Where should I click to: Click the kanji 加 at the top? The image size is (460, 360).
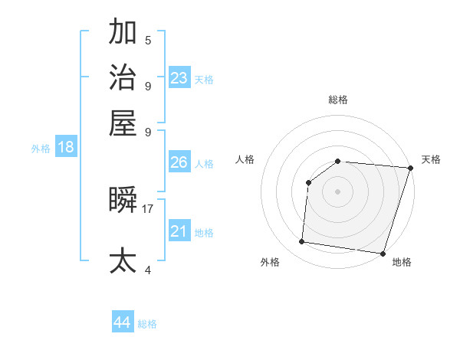click(x=123, y=33)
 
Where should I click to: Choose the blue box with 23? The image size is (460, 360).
click(x=179, y=77)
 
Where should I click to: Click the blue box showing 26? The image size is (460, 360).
click(x=179, y=162)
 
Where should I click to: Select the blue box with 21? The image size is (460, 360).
click(x=179, y=231)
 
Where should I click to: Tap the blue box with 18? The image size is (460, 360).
click(x=66, y=147)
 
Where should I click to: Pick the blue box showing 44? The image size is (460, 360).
click(x=123, y=322)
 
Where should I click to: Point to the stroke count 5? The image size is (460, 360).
click(x=148, y=40)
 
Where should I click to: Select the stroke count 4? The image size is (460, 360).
click(x=148, y=270)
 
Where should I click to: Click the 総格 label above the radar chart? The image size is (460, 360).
click(x=338, y=100)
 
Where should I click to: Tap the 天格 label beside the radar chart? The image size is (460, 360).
click(x=431, y=159)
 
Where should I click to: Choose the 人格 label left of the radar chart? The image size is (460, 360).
click(x=245, y=159)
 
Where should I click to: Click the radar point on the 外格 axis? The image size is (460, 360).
click(x=302, y=242)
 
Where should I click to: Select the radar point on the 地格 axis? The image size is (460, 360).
click(x=383, y=254)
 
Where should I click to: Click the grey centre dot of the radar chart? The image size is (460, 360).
click(x=338, y=191)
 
